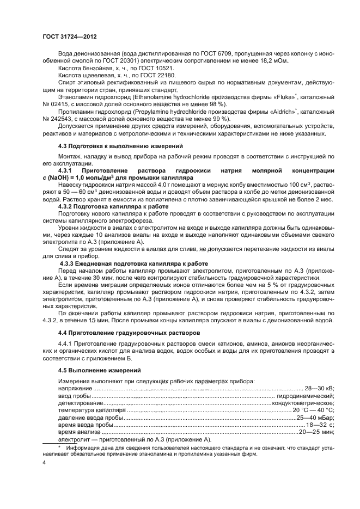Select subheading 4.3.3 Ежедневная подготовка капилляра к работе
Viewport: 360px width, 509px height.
click(x=131, y=263)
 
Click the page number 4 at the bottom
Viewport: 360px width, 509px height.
click(x=44, y=462)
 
